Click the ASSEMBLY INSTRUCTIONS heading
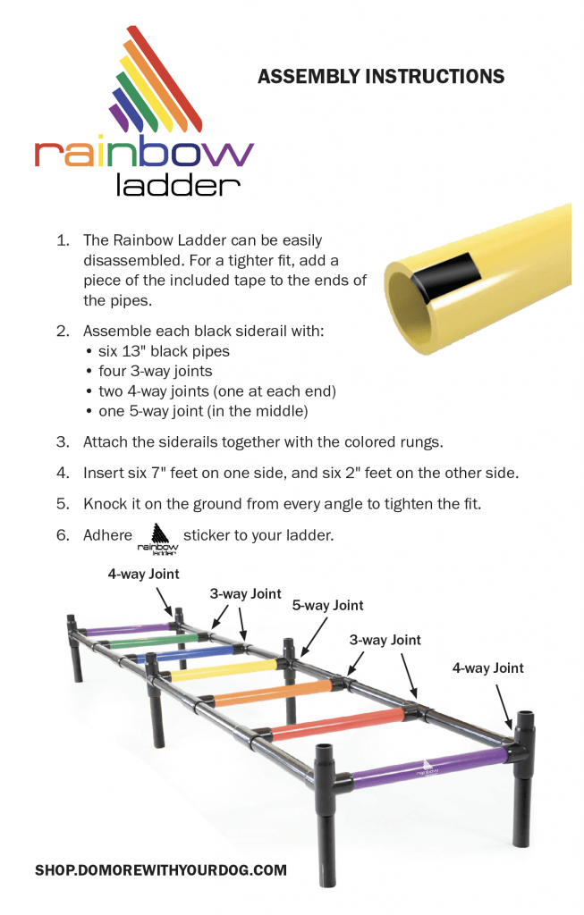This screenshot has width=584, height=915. (x=380, y=77)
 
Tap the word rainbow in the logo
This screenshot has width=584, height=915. (x=144, y=153)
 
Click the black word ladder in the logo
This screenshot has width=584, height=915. (x=179, y=185)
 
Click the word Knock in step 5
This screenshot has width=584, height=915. (x=104, y=503)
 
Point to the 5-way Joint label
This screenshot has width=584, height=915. (x=327, y=606)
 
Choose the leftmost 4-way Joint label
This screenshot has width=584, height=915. (x=143, y=575)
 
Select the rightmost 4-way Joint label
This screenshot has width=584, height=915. (x=487, y=667)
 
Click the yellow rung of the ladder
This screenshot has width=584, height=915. (x=223, y=669)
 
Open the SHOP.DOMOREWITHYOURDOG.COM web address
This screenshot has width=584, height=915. (x=161, y=869)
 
